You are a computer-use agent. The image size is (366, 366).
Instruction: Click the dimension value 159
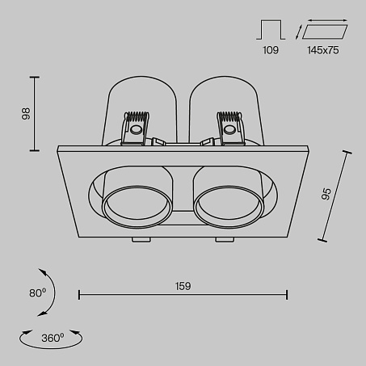point(183,286)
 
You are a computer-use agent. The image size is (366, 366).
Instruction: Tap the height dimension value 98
point(26,114)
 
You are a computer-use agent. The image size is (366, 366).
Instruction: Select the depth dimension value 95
point(326,194)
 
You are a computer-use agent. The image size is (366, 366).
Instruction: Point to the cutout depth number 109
point(271,50)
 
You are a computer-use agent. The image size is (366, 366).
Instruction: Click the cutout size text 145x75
point(323,50)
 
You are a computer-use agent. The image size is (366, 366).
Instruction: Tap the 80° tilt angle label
point(38,292)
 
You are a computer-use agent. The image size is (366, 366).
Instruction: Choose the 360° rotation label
point(53,338)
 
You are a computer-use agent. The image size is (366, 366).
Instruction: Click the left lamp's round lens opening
point(137,206)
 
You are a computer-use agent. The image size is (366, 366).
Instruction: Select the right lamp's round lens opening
point(228,206)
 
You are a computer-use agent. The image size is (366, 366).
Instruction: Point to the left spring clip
point(136,128)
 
